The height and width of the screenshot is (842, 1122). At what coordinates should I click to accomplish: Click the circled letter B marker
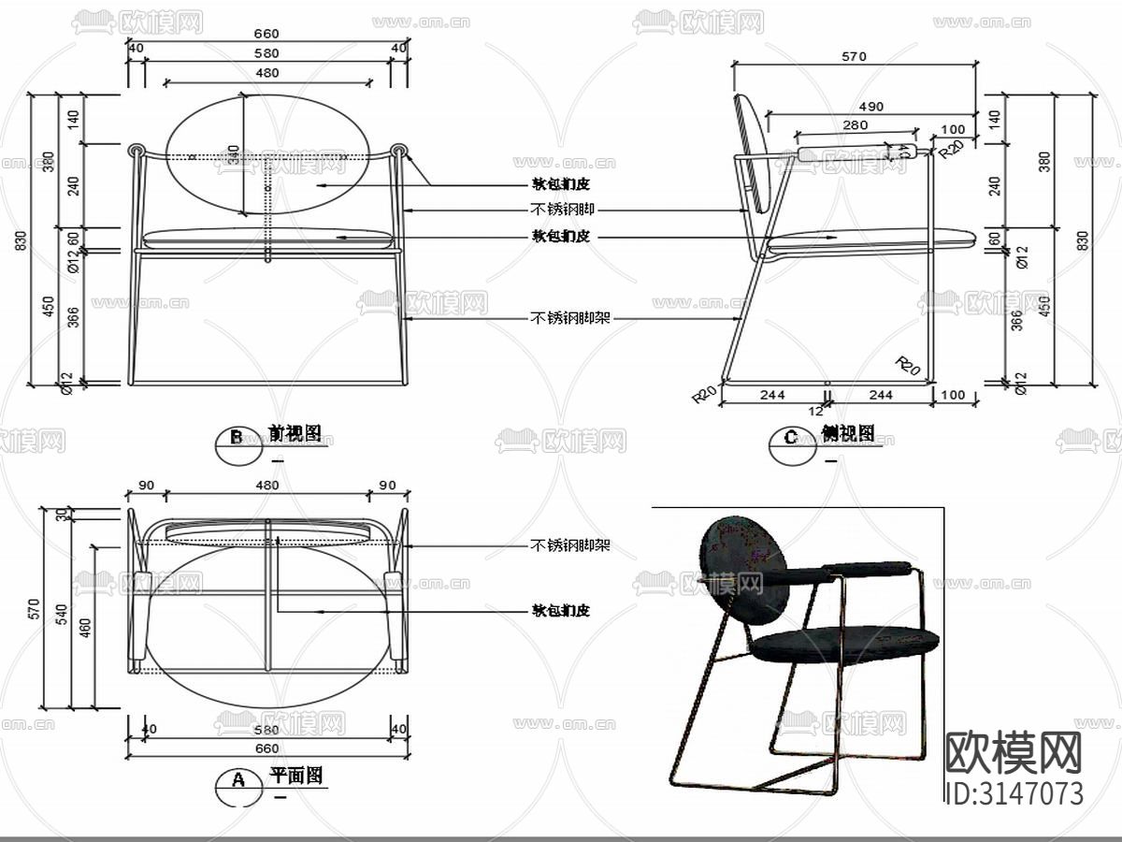coord(237,437)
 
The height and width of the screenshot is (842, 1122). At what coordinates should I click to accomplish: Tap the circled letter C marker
coord(791,437)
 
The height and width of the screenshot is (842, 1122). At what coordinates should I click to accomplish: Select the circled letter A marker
coord(237,779)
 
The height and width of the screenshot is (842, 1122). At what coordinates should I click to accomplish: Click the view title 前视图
coord(295,433)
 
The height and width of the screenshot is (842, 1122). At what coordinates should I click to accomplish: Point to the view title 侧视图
coord(848,433)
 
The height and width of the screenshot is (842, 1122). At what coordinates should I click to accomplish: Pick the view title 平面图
coord(295,776)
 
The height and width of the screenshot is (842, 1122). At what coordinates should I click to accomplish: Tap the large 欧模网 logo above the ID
coord(1014,751)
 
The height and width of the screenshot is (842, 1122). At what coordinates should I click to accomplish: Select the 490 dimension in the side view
coord(870,107)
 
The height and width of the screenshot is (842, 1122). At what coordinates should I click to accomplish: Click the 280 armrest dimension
coord(855,124)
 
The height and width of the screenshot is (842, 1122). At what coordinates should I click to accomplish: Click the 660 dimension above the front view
coord(266,34)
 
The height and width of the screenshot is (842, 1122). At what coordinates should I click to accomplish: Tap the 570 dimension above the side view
coord(854,56)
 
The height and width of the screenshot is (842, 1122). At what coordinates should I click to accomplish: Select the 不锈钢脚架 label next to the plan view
coord(569,544)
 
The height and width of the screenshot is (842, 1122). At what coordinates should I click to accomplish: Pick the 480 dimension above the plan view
coord(266,486)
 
